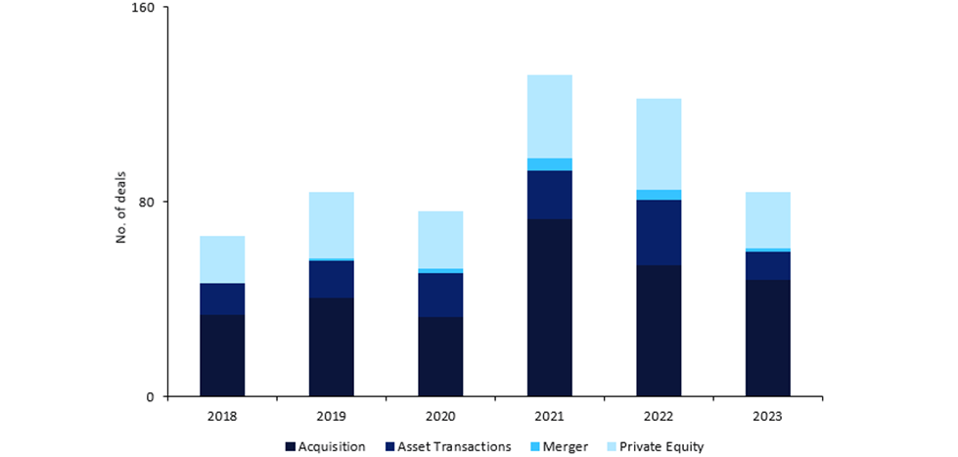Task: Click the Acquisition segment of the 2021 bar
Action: click(549, 307)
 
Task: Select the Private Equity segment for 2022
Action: click(659, 144)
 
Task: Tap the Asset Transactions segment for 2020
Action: click(440, 295)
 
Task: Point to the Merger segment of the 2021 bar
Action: click(549, 164)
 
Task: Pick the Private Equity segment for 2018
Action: click(222, 259)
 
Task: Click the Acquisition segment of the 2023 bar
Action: click(767, 338)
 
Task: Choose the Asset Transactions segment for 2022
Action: click(659, 232)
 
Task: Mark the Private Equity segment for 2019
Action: click(331, 225)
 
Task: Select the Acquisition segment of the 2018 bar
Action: click(222, 355)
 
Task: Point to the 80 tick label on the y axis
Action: click(150, 203)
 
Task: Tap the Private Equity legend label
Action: click(661, 447)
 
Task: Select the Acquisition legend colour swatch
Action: click(291, 447)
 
